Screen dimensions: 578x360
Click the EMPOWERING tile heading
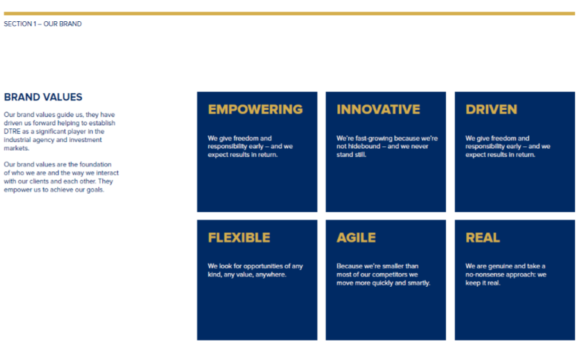(255, 110)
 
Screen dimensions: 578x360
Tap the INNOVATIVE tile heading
(378, 110)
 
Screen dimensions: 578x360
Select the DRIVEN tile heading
(491, 110)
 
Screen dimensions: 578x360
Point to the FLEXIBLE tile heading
(239, 237)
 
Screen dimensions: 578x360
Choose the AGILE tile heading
(356, 237)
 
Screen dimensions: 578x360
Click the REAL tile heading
(482, 237)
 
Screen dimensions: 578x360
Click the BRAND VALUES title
(43, 98)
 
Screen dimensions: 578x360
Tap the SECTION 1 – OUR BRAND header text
(43, 24)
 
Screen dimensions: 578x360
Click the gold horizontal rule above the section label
(290, 13)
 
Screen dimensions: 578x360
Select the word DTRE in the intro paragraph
(12, 132)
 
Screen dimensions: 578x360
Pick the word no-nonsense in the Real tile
(482, 275)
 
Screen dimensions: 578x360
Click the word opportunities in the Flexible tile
(263, 266)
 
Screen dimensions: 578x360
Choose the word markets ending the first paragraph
(16, 148)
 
